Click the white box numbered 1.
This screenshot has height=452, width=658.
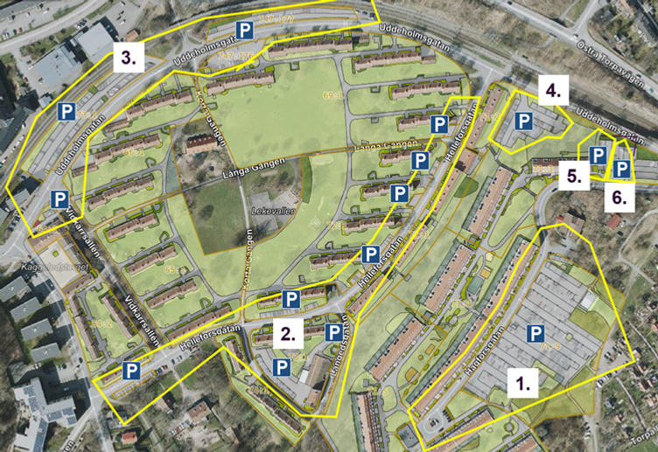pos(522,383)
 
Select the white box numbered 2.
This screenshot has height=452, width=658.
pos(289,332)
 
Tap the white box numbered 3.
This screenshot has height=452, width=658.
pos(127,59)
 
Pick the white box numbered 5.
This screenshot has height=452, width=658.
pos(574,175)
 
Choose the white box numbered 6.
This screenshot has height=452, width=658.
pos(619,198)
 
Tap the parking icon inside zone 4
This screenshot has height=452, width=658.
pos(524,121)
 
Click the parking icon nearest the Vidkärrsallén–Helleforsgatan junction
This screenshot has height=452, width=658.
pos(131,371)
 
